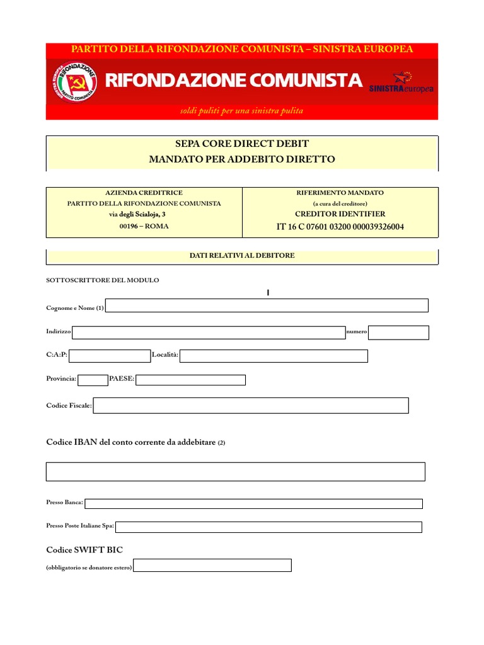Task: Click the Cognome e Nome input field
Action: pos(268,306)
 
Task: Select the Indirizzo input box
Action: pos(209,333)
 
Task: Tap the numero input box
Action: pos(398,333)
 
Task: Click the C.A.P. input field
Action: pos(110,356)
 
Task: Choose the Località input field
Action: pos(274,356)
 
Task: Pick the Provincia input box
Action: pos(93,379)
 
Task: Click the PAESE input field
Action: pos(190,379)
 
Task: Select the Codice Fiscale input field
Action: pos(251,406)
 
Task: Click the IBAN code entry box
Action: pos(236,471)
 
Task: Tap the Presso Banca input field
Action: pos(253,503)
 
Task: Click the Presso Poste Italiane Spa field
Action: pos(268,527)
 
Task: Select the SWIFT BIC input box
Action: pos(212,566)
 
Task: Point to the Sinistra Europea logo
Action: pos(401,83)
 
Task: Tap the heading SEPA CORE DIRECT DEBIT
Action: pos(242,144)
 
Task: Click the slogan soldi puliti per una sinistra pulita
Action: pos(242,111)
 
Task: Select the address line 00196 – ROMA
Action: pos(144,226)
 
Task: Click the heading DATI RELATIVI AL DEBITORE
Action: pos(242,256)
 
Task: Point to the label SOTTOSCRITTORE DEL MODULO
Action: pos(103,280)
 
